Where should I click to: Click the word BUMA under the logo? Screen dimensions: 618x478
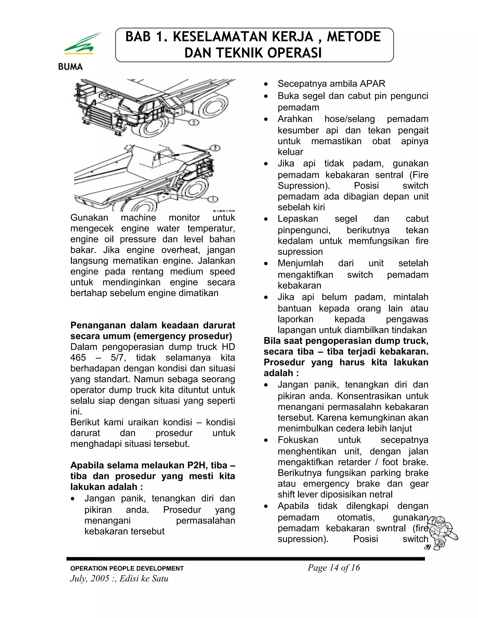[70, 67]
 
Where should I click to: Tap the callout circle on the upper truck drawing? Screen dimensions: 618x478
[193, 122]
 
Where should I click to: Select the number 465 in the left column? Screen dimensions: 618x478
[78, 358]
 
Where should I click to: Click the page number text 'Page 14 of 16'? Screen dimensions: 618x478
[334, 568]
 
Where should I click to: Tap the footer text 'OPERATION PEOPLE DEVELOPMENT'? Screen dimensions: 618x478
[127, 569]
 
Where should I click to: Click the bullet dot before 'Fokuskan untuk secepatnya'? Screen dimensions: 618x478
[266, 441]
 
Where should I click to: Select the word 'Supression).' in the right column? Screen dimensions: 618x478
[304, 186]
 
